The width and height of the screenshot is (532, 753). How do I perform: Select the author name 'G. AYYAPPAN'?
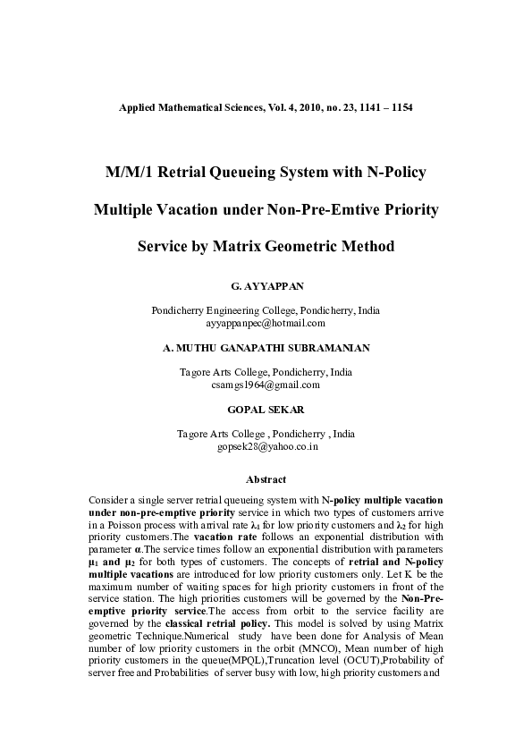266,287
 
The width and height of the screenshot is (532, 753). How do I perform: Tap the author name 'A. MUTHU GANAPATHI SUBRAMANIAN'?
266,348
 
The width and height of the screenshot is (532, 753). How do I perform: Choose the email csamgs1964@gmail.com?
266,385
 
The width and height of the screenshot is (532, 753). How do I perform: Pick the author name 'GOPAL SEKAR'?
266,410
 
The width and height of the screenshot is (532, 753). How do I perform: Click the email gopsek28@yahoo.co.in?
266,445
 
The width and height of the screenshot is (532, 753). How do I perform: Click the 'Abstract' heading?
266,479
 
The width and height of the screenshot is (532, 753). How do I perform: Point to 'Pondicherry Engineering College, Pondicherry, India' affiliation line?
266,310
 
